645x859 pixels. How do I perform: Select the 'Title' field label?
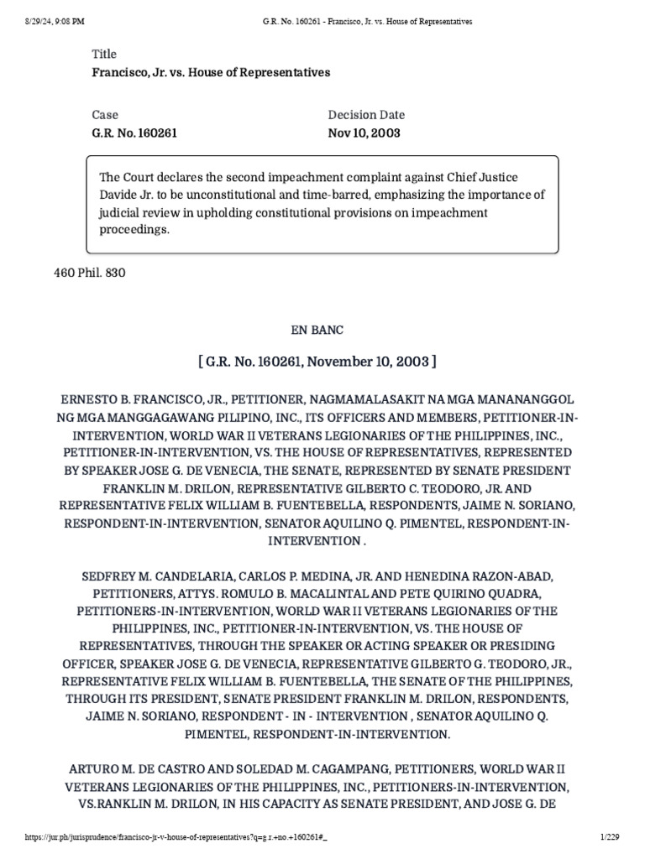click(x=104, y=54)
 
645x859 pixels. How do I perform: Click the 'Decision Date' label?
click(x=365, y=115)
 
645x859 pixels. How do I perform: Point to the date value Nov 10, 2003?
click(x=364, y=133)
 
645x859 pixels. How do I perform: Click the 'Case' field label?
click(x=105, y=115)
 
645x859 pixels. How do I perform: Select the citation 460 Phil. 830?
click(x=90, y=273)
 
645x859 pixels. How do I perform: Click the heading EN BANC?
click(x=322, y=330)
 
